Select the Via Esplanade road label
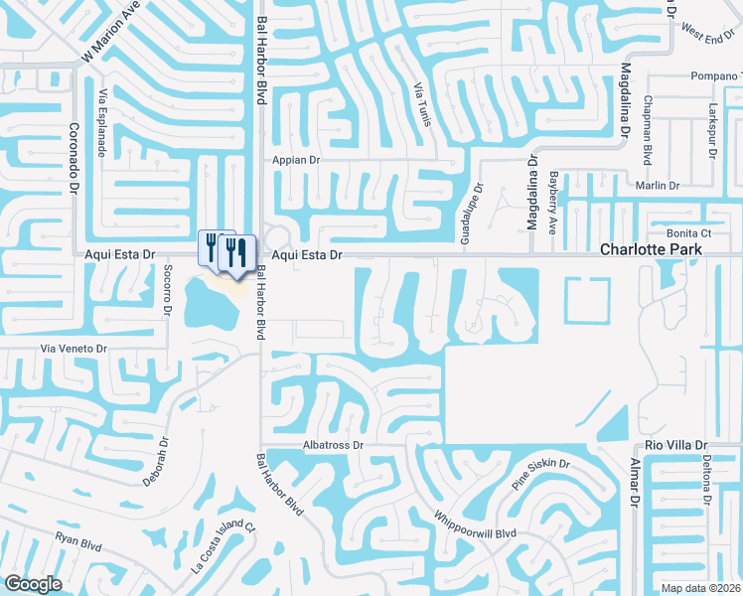[102, 120]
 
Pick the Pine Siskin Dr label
[540, 474]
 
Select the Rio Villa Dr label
[675, 445]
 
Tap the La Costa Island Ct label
[224, 553]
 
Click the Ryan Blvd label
[78, 541]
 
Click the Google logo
[32, 584]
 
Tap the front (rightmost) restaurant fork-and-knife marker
[239, 250]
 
